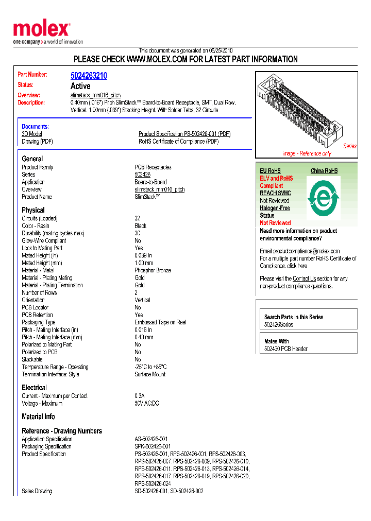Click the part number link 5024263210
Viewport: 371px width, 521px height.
click(89, 76)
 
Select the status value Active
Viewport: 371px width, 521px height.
click(80, 86)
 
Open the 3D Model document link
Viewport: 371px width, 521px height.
click(32, 134)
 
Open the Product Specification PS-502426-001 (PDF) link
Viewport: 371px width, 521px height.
click(184, 134)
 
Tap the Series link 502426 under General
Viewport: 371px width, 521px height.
click(142, 175)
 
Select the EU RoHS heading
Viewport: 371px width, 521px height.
click(270, 171)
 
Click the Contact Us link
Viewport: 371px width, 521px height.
click(304, 279)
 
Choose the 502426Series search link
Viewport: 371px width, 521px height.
click(279, 325)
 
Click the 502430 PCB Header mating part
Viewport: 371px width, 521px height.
click(286, 349)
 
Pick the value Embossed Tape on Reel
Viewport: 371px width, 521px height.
click(160, 322)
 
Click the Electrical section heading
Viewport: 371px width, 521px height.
click(34, 388)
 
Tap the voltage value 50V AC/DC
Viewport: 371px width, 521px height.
click(147, 404)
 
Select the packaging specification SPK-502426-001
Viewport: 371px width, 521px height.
click(153, 446)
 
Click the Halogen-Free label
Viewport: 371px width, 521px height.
click(275, 208)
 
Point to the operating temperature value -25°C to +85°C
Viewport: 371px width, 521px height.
click(150, 367)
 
